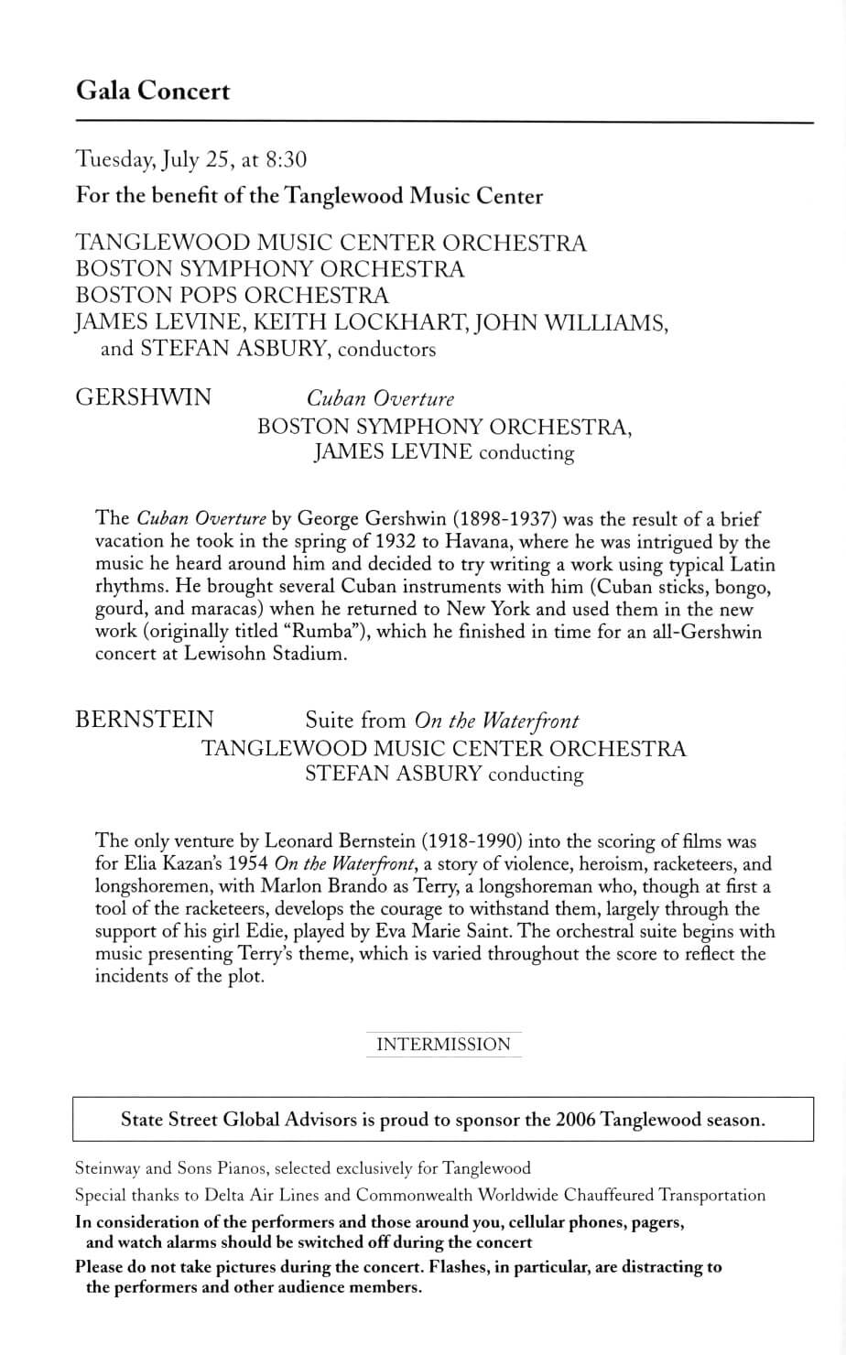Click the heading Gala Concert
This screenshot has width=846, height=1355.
(153, 92)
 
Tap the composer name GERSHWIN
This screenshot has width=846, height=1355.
(143, 397)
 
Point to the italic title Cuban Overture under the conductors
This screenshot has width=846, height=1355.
(380, 398)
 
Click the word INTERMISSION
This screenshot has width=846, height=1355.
(443, 1045)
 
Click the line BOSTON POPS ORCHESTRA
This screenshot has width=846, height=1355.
(232, 296)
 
